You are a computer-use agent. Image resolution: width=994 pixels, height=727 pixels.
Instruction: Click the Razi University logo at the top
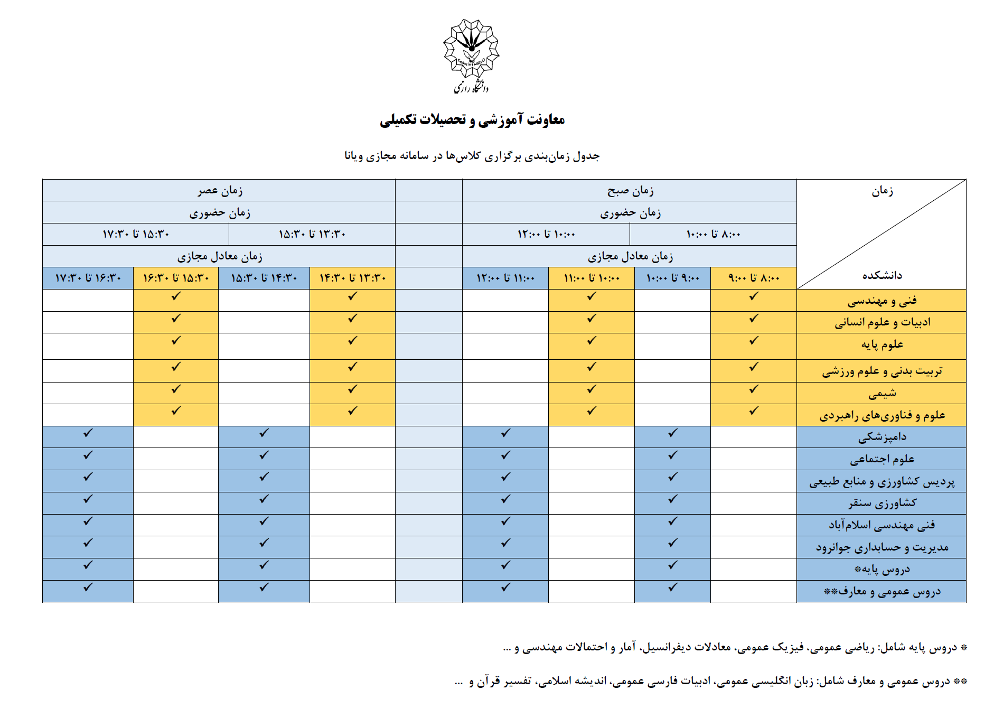pos(471,55)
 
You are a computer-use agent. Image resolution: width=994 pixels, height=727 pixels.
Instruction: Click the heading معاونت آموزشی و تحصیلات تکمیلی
pos(472,120)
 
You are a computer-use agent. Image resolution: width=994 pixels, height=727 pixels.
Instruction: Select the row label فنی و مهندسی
pos(882,301)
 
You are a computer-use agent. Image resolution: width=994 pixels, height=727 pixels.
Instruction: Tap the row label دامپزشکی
pos(882,437)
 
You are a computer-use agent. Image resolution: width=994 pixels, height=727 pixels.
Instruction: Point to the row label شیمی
pos(882,393)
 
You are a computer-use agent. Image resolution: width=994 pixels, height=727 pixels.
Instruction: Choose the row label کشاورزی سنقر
pos(882,503)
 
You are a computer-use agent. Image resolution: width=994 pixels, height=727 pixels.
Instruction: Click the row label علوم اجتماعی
pos(882,459)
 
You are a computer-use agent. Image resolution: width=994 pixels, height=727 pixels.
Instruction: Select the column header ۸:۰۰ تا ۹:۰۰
pos(754,278)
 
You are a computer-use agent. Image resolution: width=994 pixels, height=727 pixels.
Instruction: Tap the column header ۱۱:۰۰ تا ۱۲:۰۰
pos(505,278)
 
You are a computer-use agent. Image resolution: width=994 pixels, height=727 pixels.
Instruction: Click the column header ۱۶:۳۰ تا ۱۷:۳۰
pos(88,278)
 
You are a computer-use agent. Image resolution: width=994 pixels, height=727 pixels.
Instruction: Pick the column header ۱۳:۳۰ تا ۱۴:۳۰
pos(352,278)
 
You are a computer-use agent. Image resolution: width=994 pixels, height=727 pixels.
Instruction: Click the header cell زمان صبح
pos(630,190)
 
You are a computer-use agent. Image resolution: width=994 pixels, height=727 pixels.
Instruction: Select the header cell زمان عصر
pos(220,190)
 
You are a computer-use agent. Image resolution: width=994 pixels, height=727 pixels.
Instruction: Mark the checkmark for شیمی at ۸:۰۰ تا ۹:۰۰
pos(754,389)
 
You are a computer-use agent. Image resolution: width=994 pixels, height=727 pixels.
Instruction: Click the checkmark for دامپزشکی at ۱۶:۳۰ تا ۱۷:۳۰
pos(88,433)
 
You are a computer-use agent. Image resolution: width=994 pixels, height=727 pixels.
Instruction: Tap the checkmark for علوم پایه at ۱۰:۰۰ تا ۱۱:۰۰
pos(592,341)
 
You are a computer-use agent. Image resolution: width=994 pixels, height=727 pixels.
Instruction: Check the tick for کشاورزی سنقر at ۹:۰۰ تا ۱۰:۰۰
pos(672,499)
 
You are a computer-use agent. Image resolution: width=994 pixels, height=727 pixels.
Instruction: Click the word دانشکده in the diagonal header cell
pos(882,275)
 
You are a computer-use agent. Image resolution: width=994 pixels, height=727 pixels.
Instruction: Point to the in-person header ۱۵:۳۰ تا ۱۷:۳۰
pos(136,234)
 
